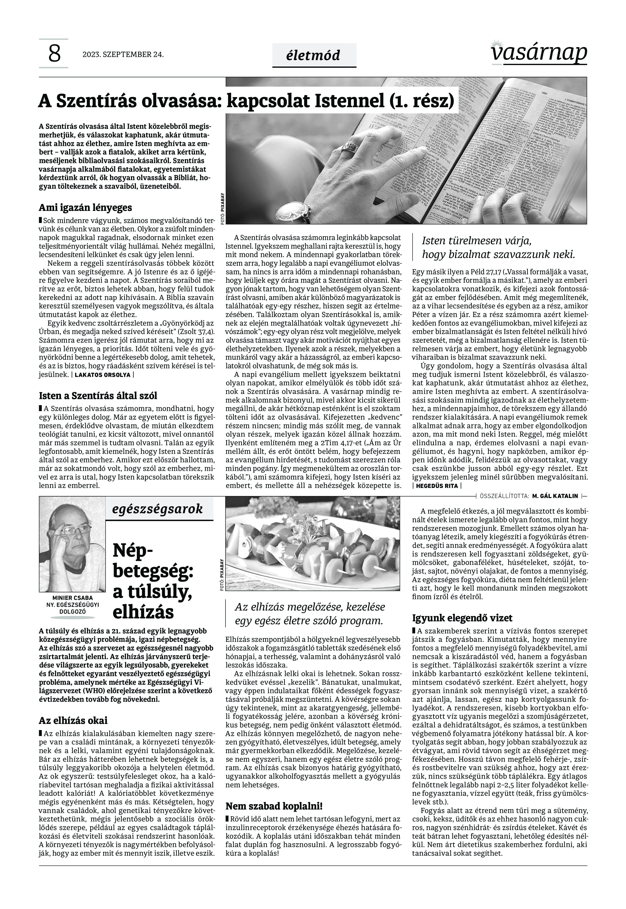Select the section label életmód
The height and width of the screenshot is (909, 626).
click(x=314, y=56)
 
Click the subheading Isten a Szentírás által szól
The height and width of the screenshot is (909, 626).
click(x=98, y=396)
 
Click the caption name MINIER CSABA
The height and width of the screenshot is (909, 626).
click(x=73, y=598)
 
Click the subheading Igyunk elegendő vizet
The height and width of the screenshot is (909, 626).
click(x=462, y=618)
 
